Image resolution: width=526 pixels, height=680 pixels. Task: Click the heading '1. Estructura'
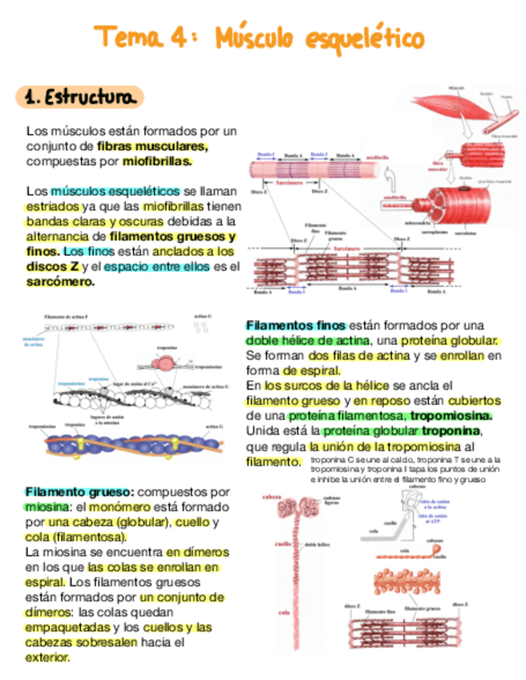coord(79,98)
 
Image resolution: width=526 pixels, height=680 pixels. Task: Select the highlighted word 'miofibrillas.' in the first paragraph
coord(157,161)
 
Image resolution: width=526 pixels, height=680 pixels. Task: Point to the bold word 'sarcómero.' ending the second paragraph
coord(60,281)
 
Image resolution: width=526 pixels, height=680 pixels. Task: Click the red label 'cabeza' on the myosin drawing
coord(274,497)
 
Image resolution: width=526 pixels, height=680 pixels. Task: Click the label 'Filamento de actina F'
coord(66,317)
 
